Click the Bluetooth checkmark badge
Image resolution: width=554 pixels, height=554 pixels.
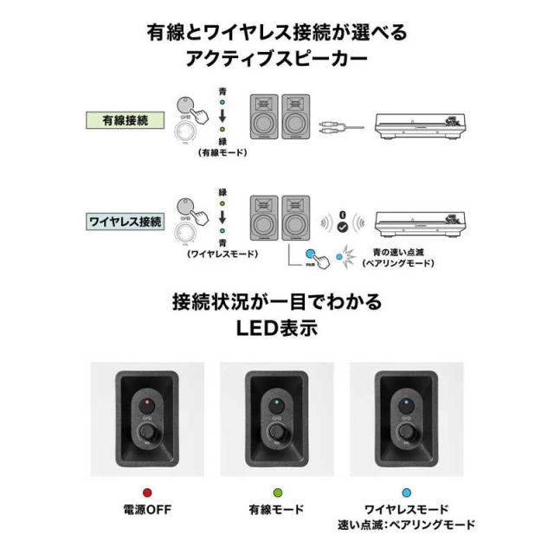343,226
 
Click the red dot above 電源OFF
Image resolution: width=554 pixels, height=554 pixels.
146,493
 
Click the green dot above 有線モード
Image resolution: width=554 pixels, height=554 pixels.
277,493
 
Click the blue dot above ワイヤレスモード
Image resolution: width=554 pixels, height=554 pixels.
406,493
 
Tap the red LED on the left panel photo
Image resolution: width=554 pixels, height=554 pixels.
146,403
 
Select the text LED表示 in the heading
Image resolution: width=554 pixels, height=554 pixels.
276,330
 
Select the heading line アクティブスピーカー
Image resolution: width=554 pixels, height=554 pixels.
276,60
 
